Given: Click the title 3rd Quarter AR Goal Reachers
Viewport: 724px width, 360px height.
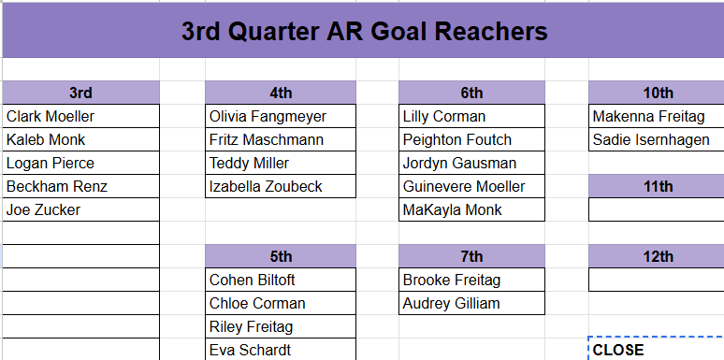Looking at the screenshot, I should [x=363, y=31].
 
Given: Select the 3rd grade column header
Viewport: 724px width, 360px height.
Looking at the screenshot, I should [x=81, y=93].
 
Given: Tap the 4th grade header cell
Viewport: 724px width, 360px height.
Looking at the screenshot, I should [x=281, y=93].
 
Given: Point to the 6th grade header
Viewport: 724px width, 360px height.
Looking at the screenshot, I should [x=471, y=93].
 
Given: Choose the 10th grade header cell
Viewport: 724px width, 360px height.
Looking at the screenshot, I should [x=658, y=93].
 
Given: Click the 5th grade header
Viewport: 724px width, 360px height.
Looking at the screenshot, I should [x=281, y=256].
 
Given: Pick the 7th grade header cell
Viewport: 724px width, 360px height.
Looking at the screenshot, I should [x=471, y=256].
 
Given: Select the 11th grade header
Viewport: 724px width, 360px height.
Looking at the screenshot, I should [x=658, y=186].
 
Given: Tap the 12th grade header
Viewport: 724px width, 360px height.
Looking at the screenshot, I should [x=658, y=256].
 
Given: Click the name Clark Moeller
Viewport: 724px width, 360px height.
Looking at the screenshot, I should [x=51, y=117].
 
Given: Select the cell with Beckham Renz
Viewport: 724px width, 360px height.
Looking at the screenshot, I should [x=57, y=187].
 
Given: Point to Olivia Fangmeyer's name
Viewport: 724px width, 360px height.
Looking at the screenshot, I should [x=268, y=117].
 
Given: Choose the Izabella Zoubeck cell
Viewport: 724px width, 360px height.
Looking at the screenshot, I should [x=266, y=187].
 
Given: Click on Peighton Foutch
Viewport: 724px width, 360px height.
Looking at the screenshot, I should [x=457, y=140].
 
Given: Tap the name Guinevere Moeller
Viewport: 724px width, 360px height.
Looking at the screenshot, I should [x=464, y=187].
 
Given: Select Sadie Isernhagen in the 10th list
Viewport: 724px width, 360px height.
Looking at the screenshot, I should [x=651, y=140].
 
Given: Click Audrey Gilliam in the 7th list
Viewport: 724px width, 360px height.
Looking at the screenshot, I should [x=451, y=304].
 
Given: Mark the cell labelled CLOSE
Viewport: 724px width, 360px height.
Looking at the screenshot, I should [x=618, y=350].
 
